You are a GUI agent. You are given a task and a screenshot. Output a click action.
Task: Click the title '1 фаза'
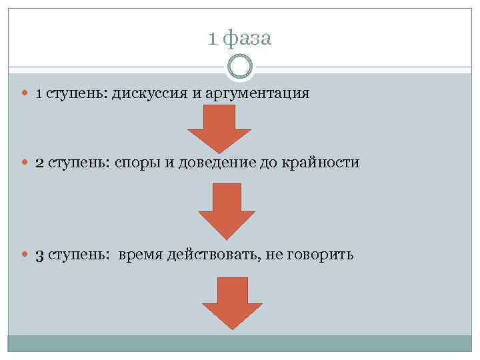[x=239, y=39]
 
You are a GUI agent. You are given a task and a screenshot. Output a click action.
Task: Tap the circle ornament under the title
[x=240, y=67]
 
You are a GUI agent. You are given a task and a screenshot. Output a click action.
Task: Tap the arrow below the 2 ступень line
[x=227, y=210]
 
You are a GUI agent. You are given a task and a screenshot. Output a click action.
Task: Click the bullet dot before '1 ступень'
[x=25, y=93]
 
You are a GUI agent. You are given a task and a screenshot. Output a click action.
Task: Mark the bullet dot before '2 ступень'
[x=25, y=163]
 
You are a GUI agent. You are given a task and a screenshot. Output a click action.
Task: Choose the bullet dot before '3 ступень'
[x=25, y=255]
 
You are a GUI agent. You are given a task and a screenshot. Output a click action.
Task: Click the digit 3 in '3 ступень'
[x=39, y=255]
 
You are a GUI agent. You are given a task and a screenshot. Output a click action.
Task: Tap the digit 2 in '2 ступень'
[x=39, y=163]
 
